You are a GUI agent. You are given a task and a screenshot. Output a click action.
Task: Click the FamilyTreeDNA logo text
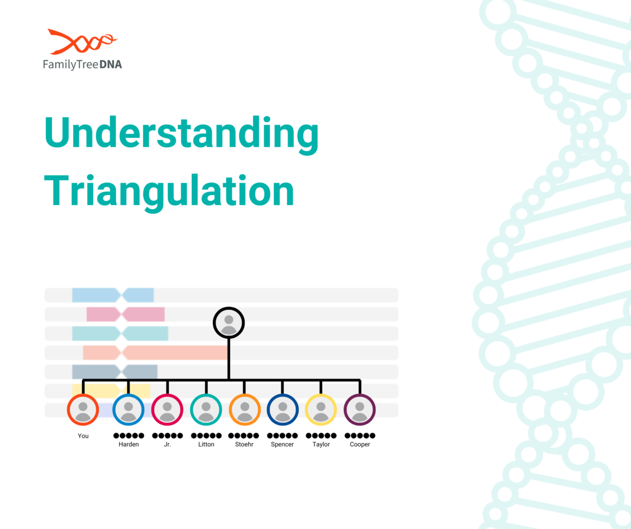pos(82,64)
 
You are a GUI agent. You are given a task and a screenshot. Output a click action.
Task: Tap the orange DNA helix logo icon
pos(82,42)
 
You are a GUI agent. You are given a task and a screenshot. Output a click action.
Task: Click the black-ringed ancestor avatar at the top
pos(229,322)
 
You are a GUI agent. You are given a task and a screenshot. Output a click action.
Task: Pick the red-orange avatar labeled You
pos(83,410)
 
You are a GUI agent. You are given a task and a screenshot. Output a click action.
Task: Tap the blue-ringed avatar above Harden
pos(128,410)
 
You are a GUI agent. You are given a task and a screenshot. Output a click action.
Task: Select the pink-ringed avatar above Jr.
pos(167,410)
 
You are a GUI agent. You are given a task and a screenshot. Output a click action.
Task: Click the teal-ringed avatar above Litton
pos(206,410)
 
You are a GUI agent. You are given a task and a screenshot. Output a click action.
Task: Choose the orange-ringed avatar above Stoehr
pos(245,410)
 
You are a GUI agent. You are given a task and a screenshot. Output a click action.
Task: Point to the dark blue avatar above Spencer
pos(282,410)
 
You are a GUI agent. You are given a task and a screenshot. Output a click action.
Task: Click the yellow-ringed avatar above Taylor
pos(321,410)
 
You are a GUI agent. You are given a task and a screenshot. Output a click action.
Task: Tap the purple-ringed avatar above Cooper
pos(360,410)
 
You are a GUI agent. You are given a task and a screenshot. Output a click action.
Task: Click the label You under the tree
pos(83,436)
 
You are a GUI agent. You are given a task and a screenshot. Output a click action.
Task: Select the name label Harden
pos(129,444)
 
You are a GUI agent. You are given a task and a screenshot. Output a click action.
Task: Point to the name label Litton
pos(206,444)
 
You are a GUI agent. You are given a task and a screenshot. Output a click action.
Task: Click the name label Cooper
pos(360,444)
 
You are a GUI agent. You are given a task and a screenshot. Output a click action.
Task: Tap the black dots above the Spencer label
pos(282,435)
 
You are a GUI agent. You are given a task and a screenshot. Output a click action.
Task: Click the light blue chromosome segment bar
pos(113,295)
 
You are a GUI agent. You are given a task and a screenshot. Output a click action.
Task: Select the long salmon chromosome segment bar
pos(155,352)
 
